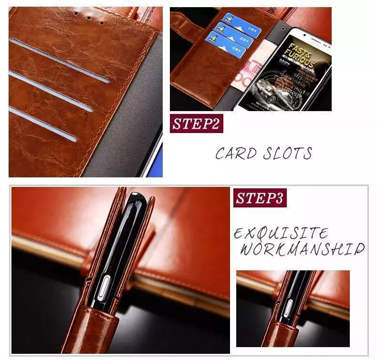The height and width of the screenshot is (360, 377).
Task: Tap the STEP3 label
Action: (x=260, y=197)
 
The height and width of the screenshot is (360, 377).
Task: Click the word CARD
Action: (x=233, y=154)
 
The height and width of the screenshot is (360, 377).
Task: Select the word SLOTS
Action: (x=288, y=154)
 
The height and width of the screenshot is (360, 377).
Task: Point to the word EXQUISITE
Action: (x=281, y=234)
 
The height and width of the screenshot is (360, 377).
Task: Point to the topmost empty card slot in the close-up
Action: (x=59, y=60)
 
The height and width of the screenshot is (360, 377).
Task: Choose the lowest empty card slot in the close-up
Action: (x=43, y=123)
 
